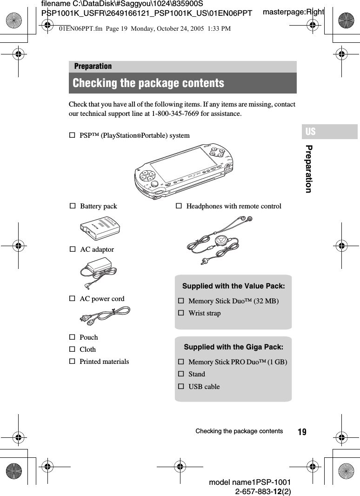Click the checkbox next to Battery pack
[x=72, y=206]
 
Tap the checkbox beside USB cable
[x=181, y=386]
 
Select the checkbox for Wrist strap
[x=181, y=313]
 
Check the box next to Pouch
[x=72, y=337]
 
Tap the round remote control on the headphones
[x=221, y=240]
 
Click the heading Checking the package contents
[x=148, y=83]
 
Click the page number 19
[x=302, y=432]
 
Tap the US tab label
[x=310, y=132]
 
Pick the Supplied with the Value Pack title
[x=233, y=286]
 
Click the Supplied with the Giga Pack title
[x=233, y=347]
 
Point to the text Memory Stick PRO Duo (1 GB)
[x=237, y=362]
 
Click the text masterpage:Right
[x=293, y=11]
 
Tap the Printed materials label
[x=104, y=361]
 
